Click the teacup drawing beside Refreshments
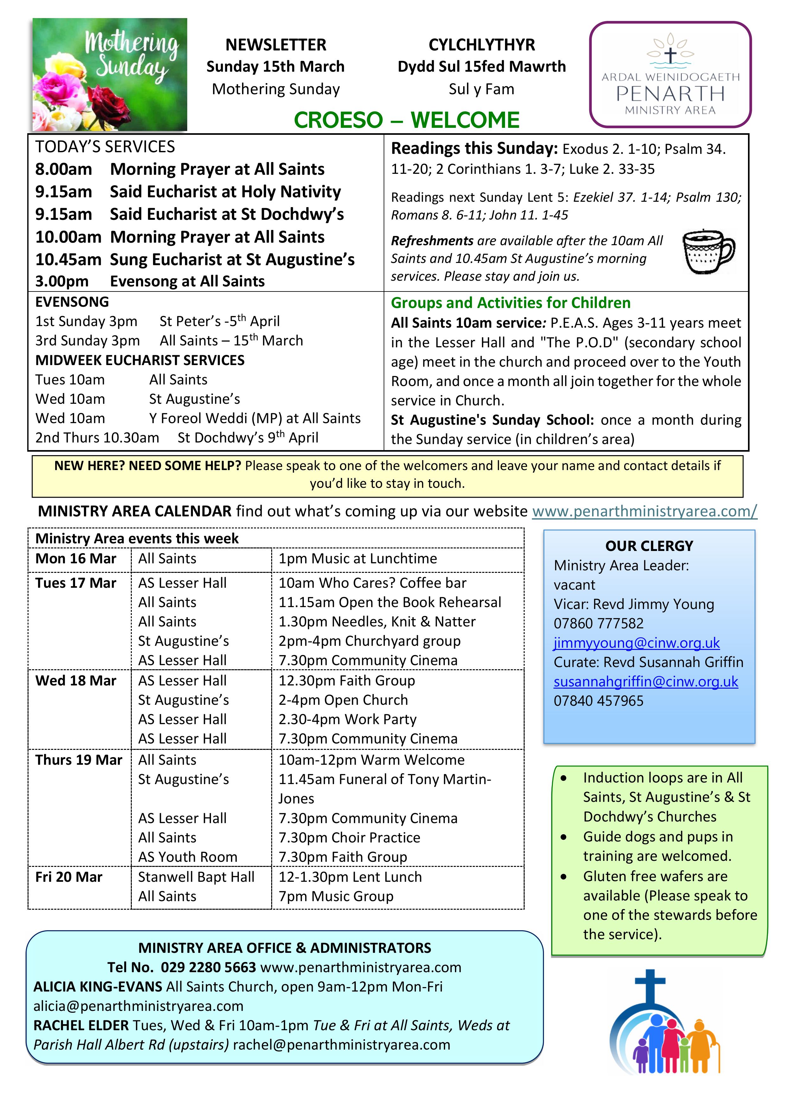(x=708, y=252)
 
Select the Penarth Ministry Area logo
(x=670, y=74)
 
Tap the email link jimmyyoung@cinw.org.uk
(x=636, y=643)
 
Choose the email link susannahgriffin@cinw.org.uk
(x=646, y=682)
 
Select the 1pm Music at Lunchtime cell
(x=357, y=559)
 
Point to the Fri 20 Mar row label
(x=69, y=877)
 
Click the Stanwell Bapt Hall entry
(x=196, y=877)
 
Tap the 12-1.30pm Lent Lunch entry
(x=350, y=877)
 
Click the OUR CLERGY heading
(x=649, y=546)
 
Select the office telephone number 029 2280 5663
(x=208, y=967)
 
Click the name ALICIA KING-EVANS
(x=98, y=986)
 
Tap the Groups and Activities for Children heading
(x=510, y=303)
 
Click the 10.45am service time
(x=68, y=260)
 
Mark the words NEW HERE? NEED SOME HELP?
(x=148, y=466)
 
